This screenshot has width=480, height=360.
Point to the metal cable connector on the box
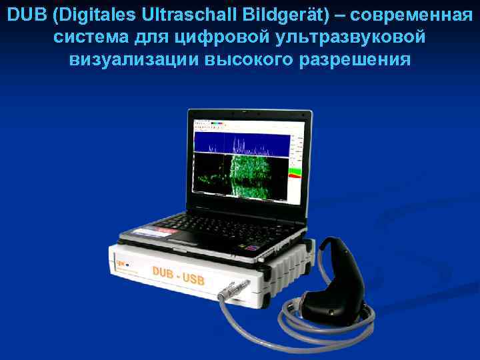[231, 291]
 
